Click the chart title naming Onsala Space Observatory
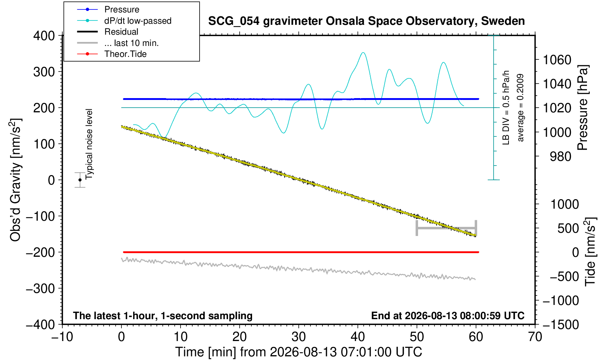pos(366,21)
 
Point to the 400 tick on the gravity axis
pos(44,35)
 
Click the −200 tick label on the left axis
pos(40,252)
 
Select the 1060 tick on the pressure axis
pos(557,60)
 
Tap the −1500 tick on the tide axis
pos(561,325)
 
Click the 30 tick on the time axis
pos(298,337)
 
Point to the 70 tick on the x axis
pos(535,337)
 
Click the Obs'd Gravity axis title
pos(15,180)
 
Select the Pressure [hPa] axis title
pos(583,108)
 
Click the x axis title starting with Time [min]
pos(298,352)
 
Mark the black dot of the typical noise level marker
pos(80,180)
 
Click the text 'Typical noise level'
pos(89,144)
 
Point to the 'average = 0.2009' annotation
pos(521,108)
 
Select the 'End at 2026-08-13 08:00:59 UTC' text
pos(448,316)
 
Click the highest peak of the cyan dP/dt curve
pos(363,53)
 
